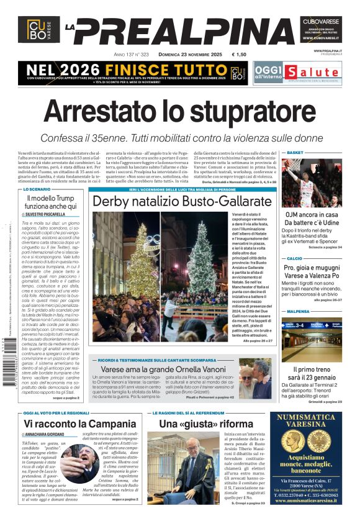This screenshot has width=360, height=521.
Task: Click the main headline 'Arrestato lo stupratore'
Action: point(180,111)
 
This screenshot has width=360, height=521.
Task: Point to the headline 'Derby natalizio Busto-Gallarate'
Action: point(182,202)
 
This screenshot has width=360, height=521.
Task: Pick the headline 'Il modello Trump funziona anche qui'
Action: point(51,201)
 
